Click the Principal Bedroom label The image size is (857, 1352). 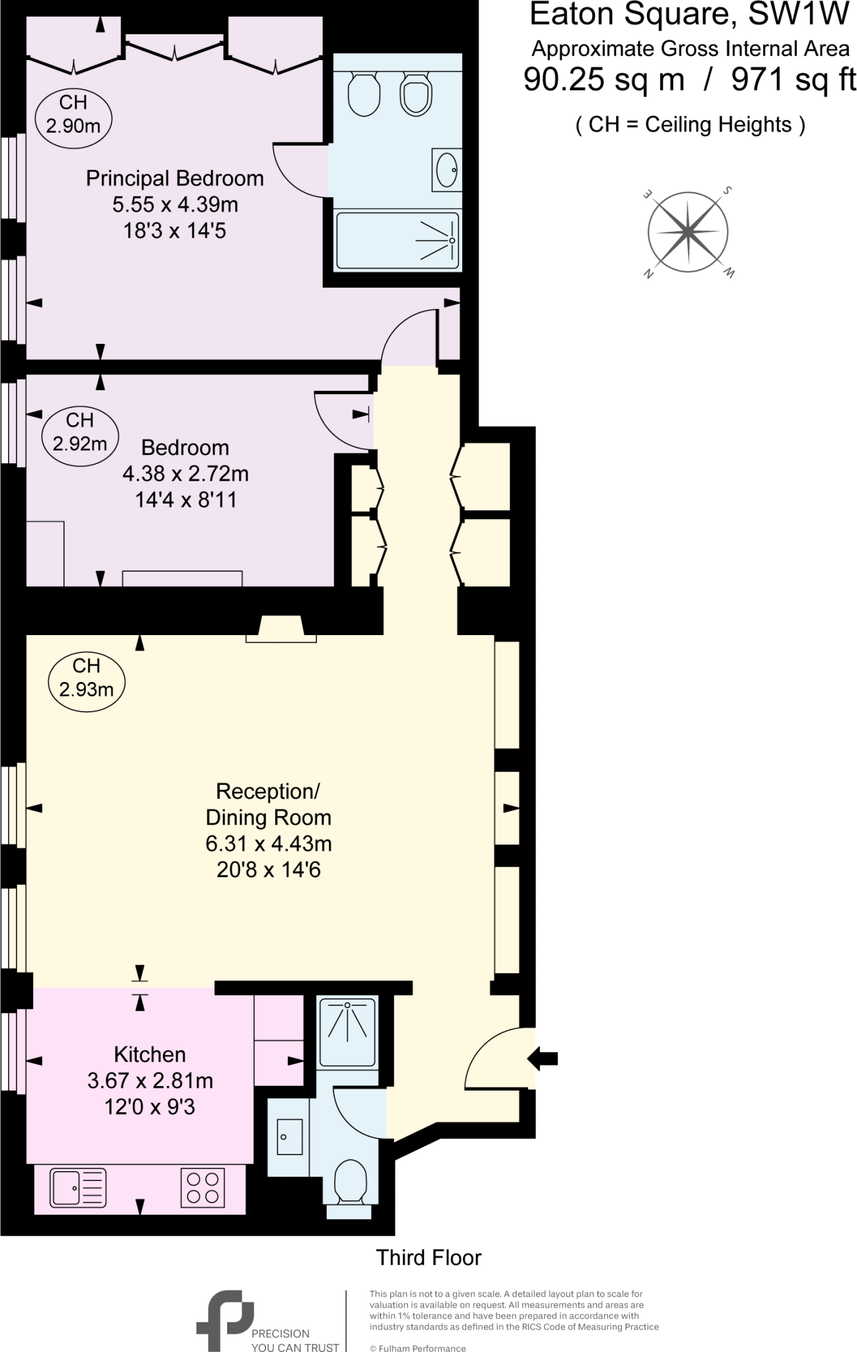174,179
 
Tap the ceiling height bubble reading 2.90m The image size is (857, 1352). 73,114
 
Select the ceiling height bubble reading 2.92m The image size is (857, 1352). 79,432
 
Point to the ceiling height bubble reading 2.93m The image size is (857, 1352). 86,678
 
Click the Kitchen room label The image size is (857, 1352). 150,1055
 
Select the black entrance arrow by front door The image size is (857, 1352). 543,1059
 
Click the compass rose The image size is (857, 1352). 688,232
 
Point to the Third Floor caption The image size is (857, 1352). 428,1258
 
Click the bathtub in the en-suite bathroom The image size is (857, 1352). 397,240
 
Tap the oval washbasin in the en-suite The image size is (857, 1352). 447,170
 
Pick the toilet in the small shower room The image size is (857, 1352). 351,1182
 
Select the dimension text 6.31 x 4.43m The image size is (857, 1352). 268,844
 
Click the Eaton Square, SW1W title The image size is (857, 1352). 689,15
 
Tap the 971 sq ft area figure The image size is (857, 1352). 793,81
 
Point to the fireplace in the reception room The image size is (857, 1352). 281,628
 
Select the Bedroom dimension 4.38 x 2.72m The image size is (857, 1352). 186,474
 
